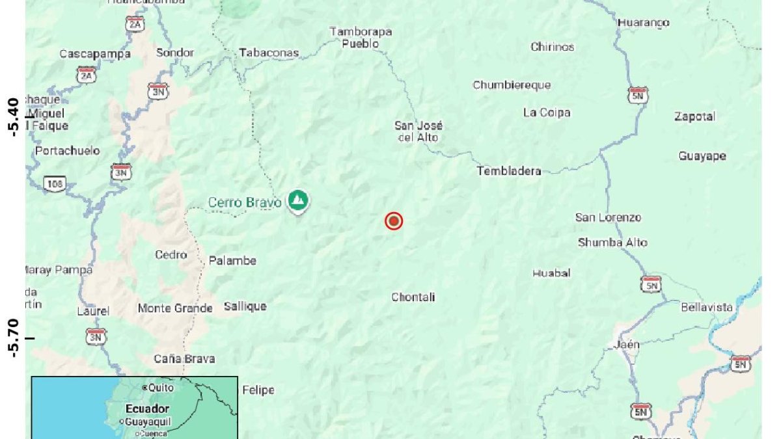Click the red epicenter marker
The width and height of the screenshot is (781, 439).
click(x=394, y=222)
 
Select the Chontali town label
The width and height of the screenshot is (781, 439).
click(x=413, y=297)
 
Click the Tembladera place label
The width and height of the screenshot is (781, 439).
click(x=509, y=171)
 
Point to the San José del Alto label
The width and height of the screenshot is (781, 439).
click(x=418, y=131)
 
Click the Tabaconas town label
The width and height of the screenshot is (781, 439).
click(x=269, y=53)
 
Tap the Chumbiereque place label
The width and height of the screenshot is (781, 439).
click(x=512, y=85)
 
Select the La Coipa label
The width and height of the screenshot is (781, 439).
click(x=547, y=113)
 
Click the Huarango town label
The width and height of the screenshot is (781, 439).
click(x=643, y=23)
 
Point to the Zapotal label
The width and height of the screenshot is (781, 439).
click(x=694, y=116)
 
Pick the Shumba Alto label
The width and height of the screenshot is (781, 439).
click(x=612, y=243)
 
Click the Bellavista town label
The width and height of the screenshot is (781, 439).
click(x=706, y=307)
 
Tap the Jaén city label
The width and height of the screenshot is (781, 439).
click(x=627, y=345)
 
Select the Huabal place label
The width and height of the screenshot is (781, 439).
click(x=551, y=273)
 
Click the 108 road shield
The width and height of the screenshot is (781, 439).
click(x=55, y=184)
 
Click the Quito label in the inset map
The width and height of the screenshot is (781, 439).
click(x=161, y=388)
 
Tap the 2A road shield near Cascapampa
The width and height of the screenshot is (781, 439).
click(x=86, y=76)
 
